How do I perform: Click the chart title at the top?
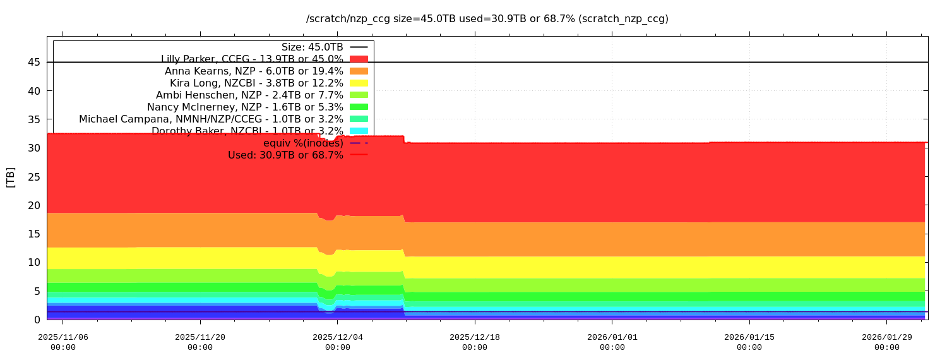pos(487,19)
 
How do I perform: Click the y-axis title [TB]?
pos(11,177)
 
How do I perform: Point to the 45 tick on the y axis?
pos(34,63)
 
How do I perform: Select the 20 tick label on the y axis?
pos(34,205)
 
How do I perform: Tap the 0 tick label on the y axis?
pos(37,320)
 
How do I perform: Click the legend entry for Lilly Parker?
pos(252,59)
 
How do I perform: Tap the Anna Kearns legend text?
pos(254,71)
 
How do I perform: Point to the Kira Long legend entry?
pos(256,83)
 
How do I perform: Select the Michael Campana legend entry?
pos(211,119)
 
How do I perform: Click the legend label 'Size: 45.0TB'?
pos(312,47)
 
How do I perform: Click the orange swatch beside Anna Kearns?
pos(359,71)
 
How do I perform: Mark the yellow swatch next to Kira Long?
pos(359,83)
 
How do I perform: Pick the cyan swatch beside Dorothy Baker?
pos(359,131)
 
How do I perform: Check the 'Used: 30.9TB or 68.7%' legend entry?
pos(285,155)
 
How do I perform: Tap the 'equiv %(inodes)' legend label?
pos(303,143)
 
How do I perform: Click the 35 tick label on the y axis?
pos(34,119)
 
